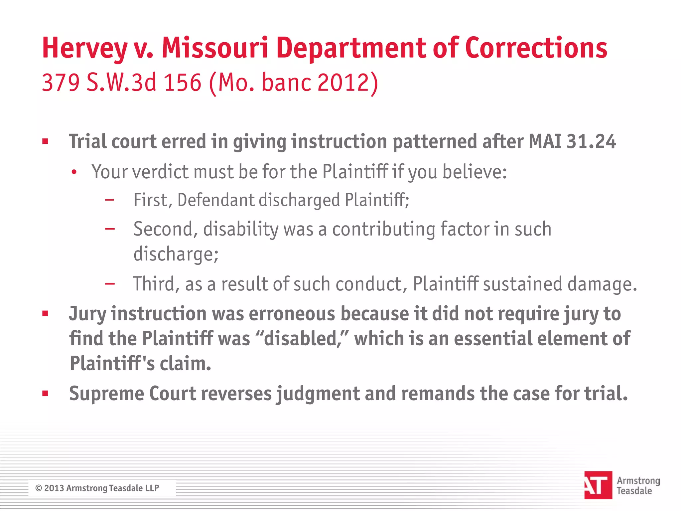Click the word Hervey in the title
click(84, 49)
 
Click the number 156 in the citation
click(183, 83)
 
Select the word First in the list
click(153, 200)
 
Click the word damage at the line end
click(602, 284)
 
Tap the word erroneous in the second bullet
click(292, 314)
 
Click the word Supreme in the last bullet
click(106, 394)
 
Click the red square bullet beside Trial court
click(46, 142)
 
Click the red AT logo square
click(598, 485)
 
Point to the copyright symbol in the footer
click(39, 488)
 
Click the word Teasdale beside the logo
click(634, 491)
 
